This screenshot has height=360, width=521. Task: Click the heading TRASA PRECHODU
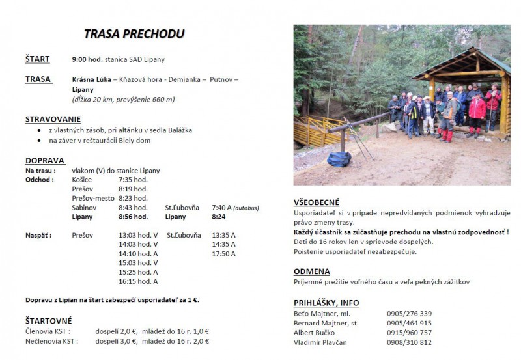click(134, 34)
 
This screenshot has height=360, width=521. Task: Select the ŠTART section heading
click(38, 59)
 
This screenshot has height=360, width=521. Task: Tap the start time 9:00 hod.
click(87, 59)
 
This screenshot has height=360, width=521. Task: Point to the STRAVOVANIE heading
click(53, 119)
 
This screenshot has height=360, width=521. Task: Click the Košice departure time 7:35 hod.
click(133, 180)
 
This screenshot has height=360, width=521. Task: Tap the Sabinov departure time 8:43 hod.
click(133, 207)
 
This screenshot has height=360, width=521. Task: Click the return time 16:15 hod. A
click(138, 281)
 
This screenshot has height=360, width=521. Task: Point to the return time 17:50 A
click(223, 253)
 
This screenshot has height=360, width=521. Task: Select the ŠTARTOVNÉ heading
click(49, 321)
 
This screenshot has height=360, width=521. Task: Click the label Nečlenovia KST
click(51, 340)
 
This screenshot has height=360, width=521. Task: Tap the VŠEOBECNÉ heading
click(317, 202)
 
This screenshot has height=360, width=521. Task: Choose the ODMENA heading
click(311, 271)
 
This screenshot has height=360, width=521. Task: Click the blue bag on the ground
click(339, 159)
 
